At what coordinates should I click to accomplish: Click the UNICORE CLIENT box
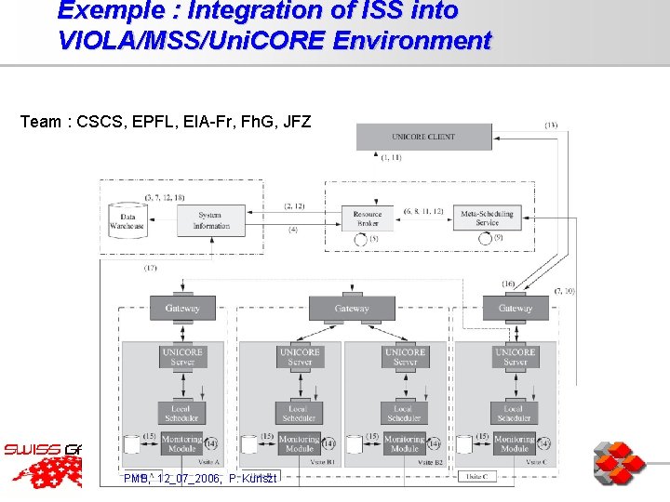click(423, 137)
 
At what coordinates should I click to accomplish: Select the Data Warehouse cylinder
click(127, 218)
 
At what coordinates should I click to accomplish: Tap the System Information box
click(211, 219)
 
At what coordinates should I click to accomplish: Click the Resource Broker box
click(367, 218)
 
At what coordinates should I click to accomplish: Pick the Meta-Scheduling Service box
click(487, 218)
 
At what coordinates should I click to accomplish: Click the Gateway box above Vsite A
click(182, 308)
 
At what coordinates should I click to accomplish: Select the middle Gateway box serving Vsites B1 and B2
click(352, 308)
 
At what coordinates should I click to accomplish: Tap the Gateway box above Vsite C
click(515, 308)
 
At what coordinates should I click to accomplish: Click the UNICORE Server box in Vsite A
click(182, 357)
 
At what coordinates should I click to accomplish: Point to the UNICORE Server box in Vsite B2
click(405, 357)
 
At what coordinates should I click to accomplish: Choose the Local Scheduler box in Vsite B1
click(299, 413)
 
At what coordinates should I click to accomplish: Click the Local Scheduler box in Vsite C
click(514, 413)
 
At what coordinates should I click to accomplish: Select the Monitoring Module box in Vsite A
click(182, 443)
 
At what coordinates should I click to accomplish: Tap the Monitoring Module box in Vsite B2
click(405, 443)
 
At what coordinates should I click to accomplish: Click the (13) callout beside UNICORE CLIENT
click(551, 125)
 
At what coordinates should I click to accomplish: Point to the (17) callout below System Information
click(151, 269)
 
